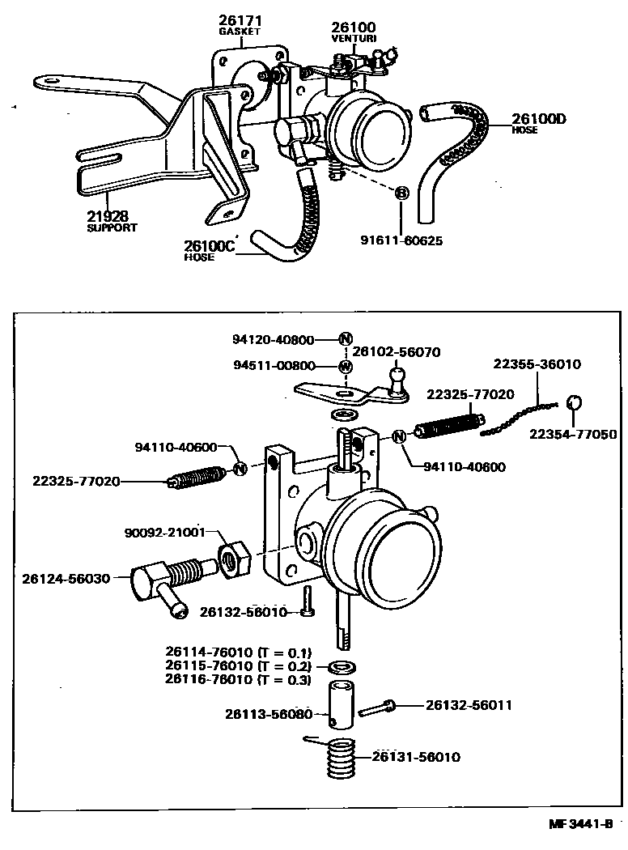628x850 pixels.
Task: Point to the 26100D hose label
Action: [x=538, y=120]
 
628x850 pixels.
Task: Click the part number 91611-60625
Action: [x=402, y=240]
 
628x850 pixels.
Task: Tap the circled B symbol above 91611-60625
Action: [x=401, y=193]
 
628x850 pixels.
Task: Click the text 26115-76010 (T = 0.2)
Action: [x=238, y=665]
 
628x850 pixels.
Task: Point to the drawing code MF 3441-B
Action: [x=579, y=826]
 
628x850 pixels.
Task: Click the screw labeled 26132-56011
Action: [x=377, y=708]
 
